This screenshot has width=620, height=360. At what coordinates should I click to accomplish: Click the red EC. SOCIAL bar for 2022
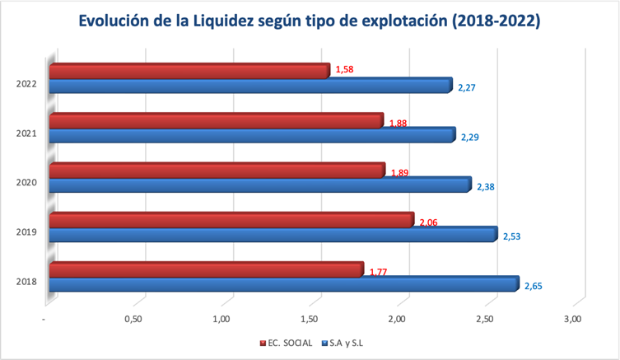(189, 72)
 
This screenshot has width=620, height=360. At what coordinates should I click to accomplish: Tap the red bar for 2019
(231, 221)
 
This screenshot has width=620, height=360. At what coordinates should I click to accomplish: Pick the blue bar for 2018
(284, 284)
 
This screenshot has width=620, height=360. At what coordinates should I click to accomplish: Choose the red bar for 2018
(206, 270)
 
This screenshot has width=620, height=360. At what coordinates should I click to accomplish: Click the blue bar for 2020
(260, 185)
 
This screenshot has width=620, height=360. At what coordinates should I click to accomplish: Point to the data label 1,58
(344, 70)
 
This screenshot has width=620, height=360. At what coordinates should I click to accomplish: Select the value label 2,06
(429, 222)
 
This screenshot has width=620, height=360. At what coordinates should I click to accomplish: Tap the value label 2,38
(486, 188)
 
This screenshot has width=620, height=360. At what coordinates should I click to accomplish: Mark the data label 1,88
(398, 124)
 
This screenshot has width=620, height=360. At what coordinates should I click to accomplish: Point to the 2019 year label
(25, 232)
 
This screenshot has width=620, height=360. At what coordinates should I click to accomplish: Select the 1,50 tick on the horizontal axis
(310, 319)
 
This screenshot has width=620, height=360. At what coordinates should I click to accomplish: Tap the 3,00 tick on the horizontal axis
(573, 319)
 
